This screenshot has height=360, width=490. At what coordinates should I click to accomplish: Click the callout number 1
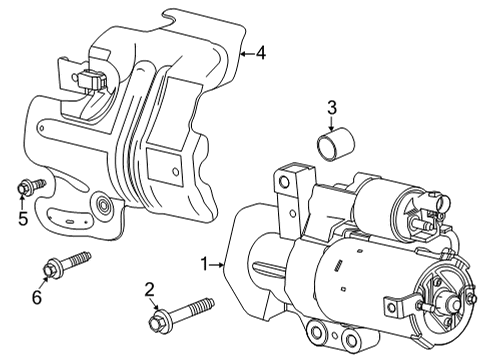(x=205, y=264)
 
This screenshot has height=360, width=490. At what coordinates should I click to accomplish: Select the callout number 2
(x=149, y=290)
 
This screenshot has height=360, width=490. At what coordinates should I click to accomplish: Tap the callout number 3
(x=332, y=108)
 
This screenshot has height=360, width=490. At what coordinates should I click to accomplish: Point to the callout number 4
(x=261, y=53)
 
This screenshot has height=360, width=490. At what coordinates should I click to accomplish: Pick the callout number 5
(x=23, y=219)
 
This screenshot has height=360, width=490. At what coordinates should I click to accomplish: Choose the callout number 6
(x=37, y=297)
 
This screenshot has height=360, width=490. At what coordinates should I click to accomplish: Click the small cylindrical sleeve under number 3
(x=335, y=145)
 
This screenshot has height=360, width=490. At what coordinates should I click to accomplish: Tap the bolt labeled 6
(x=67, y=264)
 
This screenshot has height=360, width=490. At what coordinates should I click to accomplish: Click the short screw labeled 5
(x=31, y=186)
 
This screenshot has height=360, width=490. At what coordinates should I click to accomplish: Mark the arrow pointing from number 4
(x=247, y=53)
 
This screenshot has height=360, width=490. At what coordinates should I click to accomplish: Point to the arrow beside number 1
(x=217, y=265)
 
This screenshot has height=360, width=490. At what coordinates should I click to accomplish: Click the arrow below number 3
(x=331, y=124)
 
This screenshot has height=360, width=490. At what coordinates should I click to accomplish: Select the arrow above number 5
(x=22, y=202)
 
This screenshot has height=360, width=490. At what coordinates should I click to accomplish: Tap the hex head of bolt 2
(x=155, y=321)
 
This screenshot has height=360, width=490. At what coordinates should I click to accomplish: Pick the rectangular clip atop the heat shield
(x=92, y=79)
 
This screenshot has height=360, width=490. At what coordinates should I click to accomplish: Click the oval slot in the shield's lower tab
(x=70, y=221)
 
